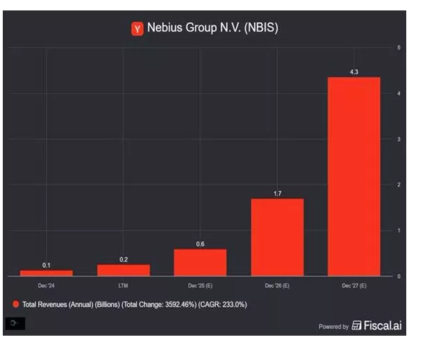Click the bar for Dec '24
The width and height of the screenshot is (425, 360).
click(x=46, y=272)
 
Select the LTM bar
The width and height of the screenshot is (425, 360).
click(x=123, y=270)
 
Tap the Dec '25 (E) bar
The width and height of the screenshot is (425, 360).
click(x=200, y=262)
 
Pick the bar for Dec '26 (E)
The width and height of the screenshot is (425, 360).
click(x=277, y=237)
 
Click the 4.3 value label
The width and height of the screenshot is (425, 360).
click(x=353, y=72)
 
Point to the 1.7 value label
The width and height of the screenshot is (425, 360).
click(x=277, y=193)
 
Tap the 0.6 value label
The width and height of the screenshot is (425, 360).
click(x=200, y=243)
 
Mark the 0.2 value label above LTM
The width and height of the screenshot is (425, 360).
click(x=123, y=259)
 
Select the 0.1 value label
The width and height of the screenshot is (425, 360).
click(x=46, y=265)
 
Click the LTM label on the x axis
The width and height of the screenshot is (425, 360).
click(x=123, y=286)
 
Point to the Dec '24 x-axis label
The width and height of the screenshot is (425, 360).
click(x=46, y=286)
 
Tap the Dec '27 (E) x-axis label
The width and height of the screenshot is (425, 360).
click(x=353, y=286)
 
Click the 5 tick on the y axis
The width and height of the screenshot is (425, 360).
click(x=398, y=47)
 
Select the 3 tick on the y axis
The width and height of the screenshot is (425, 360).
click(x=398, y=139)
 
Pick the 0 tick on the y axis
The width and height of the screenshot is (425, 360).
click(x=398, y=276)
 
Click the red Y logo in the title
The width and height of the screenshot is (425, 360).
click(x=137, y=28)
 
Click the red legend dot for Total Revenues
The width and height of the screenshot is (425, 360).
click(x=15, y=304)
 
